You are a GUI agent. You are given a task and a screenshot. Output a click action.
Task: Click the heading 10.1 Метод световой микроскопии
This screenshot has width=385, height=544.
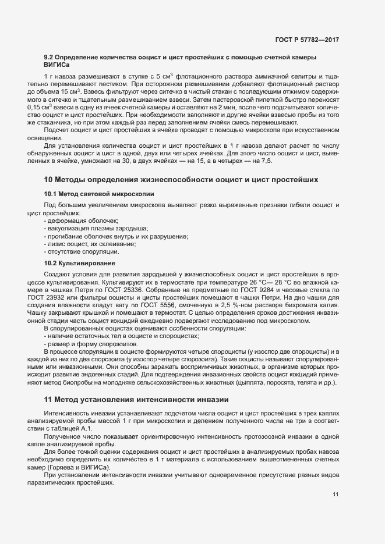(x=98, y=193)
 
